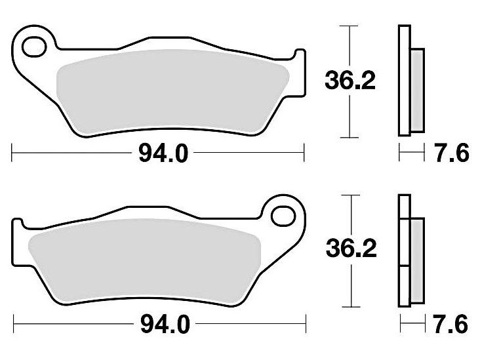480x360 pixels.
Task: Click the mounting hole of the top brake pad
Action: click(34, 47)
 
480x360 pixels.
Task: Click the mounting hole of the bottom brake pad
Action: click(283, 216)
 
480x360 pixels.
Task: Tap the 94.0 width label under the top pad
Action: click(163, 153)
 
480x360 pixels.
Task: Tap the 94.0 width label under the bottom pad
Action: click(165, 325)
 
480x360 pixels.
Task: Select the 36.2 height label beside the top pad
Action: click(350, 81)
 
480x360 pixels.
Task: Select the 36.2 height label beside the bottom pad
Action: click(351, 249)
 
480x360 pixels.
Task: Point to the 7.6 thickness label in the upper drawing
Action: click(452, 153)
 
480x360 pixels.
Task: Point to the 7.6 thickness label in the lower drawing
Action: click(450, 324)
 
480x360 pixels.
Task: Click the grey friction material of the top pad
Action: click(173, 92)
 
